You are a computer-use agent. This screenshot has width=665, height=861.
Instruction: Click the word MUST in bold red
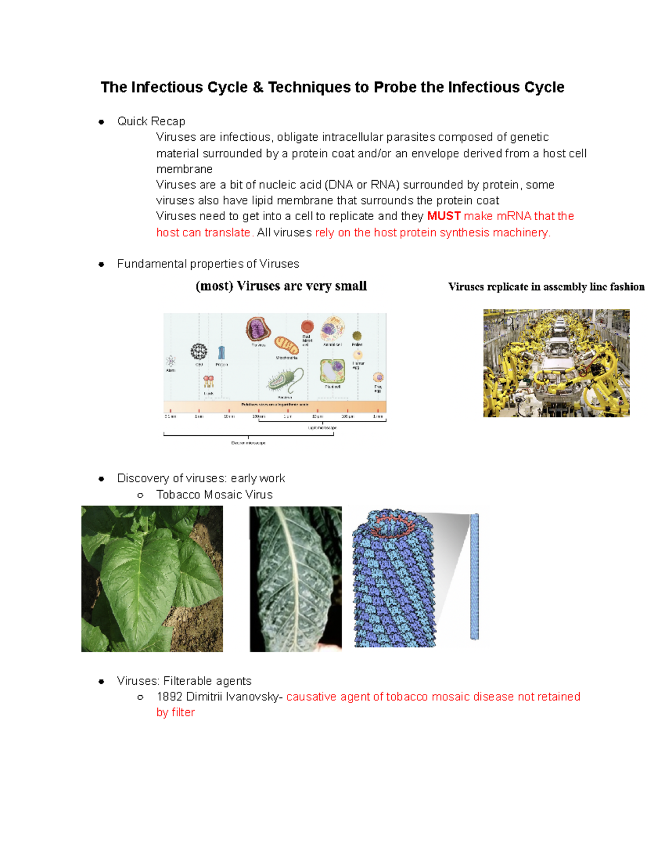point(443,216)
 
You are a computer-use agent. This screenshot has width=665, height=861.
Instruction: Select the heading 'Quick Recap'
point(151,121)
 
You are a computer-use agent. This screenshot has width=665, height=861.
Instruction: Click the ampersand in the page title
point(257,88)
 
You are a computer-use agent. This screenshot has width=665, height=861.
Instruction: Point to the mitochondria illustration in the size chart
point(287,345)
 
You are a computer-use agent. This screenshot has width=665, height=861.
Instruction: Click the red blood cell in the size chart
point(307,327)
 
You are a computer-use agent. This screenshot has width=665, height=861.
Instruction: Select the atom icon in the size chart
point(171,361)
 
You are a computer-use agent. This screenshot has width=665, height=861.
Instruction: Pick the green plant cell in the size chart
point(332,371)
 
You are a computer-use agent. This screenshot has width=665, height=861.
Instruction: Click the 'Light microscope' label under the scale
point(322,428)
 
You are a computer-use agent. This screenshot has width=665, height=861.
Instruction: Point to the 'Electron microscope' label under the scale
point(248,443)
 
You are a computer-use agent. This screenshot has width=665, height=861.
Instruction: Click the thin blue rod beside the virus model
point(474,577)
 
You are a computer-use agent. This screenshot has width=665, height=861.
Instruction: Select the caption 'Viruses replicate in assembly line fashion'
point(546,287)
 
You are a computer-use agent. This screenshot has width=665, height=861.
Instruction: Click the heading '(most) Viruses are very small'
point(281,287)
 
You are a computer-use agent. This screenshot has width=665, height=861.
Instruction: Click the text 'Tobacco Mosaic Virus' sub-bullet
point(214,495)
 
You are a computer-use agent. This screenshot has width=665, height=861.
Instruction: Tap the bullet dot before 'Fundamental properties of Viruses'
point(101,264)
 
